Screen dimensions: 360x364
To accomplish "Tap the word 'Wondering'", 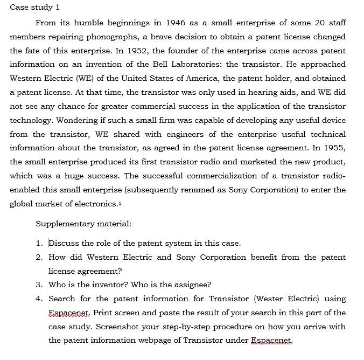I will point(81,120).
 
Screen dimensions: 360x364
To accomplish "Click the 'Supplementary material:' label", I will point(83,223).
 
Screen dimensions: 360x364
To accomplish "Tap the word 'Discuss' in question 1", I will point(64,243).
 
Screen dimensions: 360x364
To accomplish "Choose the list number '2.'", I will point(39,257).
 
